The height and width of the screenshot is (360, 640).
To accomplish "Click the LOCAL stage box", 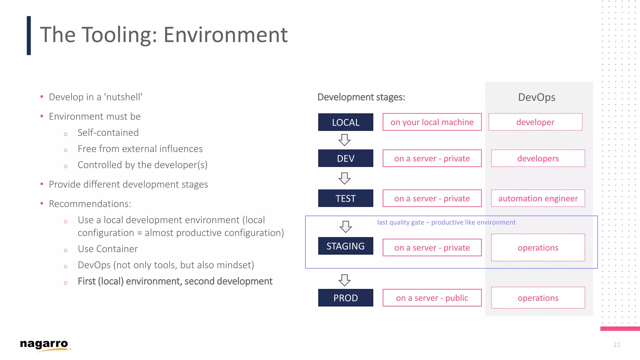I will pyautogui.click(x=345, y=122).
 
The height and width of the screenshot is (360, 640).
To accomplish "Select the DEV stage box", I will pyautogui.click(x=345, y=158).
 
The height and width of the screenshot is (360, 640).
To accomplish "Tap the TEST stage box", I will pyautogui.click(x=345, y=198).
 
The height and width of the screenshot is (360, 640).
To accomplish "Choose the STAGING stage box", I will pyautogui.click(x=345, y=246).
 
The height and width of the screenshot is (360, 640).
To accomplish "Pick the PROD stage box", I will pyautogui.click(x=345, y=298).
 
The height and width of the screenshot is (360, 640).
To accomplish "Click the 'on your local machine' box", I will pyautogui.click(x=432, y=122).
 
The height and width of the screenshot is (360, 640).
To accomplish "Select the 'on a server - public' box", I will pyautogui.click(x=432, y=298).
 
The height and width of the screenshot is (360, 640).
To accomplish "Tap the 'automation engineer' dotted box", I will pyautogui.click(x=538, y=198).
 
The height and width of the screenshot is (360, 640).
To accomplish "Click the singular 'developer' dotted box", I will pyautogui.click(x=535, y=122).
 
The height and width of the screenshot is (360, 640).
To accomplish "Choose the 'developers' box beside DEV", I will pyautogui.click(x=538, y=158).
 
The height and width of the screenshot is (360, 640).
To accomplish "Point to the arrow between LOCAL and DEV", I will pyautogui.click(x=344, y=140).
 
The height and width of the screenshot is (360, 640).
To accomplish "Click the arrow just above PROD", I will pyautogui.click(x=344, y=280).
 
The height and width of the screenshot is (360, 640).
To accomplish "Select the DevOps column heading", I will pyautogui.click(x=537, y=97).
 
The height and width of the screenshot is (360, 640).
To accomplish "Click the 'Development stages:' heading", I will pyautogui.click(x=361, y=97).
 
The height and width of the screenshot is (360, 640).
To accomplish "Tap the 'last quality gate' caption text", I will pyautogui.click(x=446, y=222).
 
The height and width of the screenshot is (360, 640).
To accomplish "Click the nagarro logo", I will pyautogui.click(x=44, y=345).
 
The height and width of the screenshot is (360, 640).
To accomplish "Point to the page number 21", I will pyautogui.click(x=617, y=345).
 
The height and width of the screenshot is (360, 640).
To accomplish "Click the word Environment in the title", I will pyautogui.click(x=225, y=35).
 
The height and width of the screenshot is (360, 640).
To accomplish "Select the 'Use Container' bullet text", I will pyautogui.click(x=107, y=249).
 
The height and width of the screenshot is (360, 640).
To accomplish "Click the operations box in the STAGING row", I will pyautogui.click(x=538, y=248).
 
